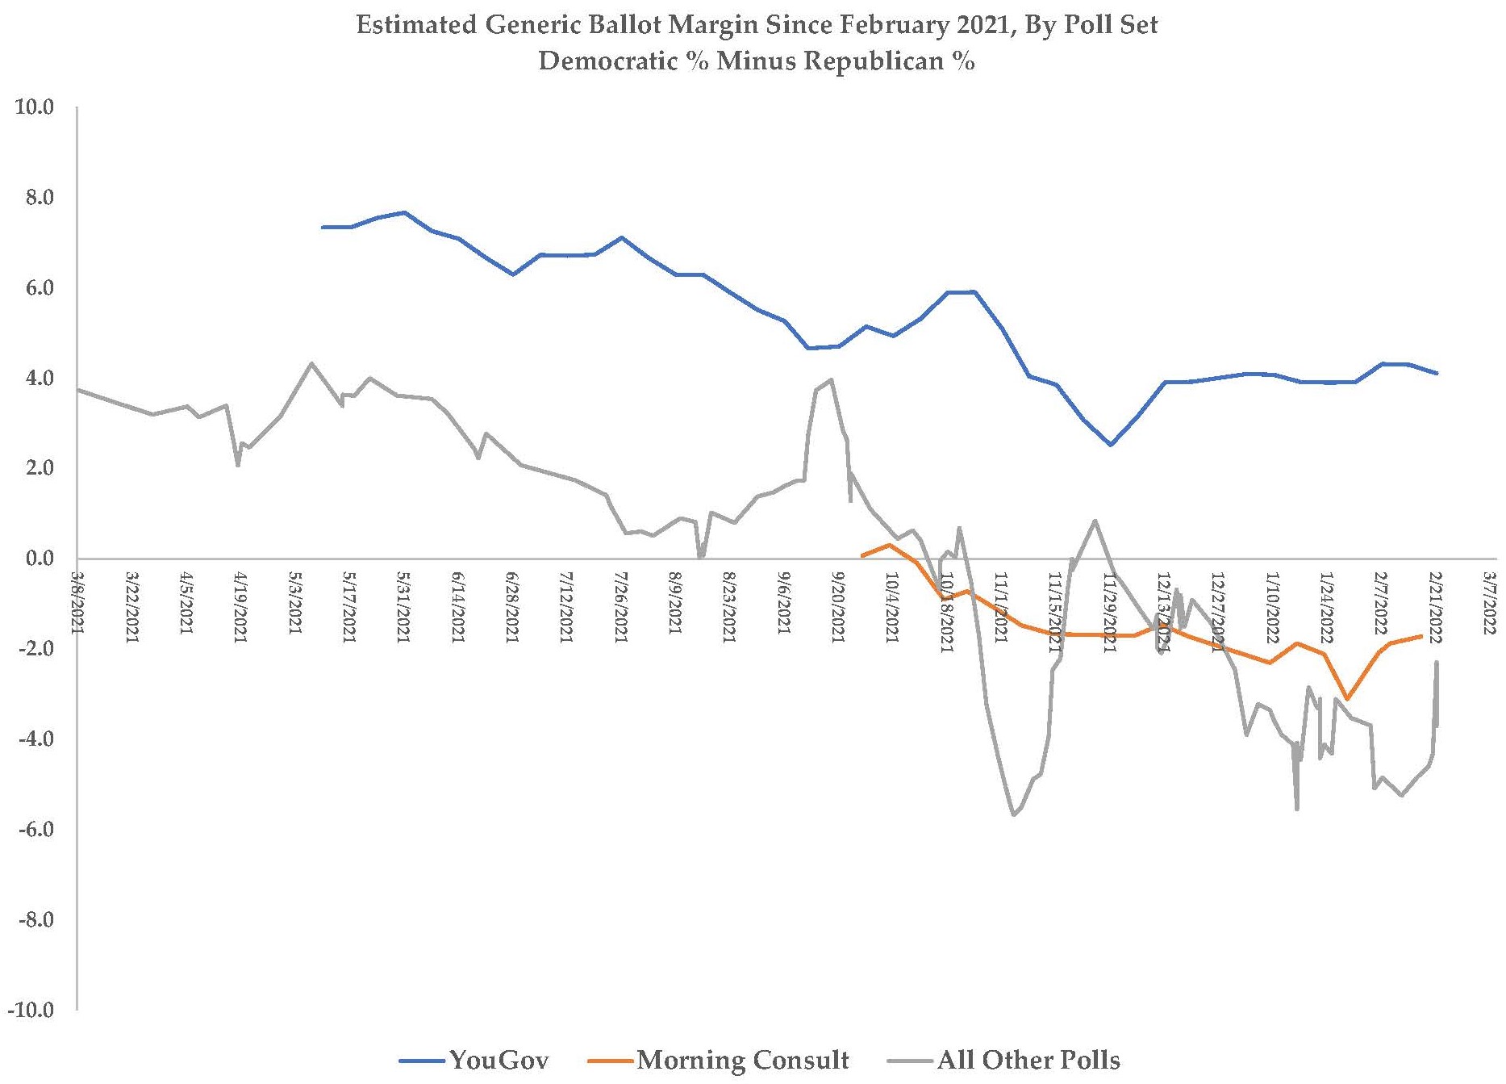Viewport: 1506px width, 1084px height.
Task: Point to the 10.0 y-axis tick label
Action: (34, 107)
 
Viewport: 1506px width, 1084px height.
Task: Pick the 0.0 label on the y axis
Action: (37, 559)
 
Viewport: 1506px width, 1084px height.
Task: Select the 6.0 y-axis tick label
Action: (37, 288)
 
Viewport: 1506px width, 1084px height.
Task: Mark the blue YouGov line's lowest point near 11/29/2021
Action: (1111, 445)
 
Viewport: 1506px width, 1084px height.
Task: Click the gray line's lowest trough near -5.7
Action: (1014, 815)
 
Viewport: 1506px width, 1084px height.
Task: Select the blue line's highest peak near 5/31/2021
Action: (405, 212)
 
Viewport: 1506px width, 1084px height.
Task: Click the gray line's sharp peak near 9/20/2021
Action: (832, 379)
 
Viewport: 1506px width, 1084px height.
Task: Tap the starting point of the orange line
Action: (862, 556)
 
